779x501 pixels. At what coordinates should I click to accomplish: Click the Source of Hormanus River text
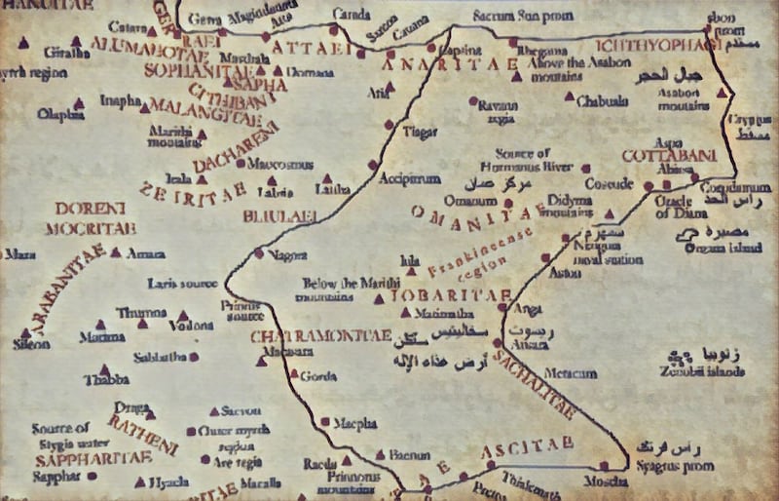click(x=523, y=158)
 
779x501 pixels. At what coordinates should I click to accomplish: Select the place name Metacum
click(x=571, y=373)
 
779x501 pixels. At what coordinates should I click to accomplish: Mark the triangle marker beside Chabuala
click(x=571, y=96)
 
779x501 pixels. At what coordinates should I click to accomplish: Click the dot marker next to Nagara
click(x=259, y=253)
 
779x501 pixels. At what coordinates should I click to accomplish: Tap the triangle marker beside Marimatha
click(x=406, y=312)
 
